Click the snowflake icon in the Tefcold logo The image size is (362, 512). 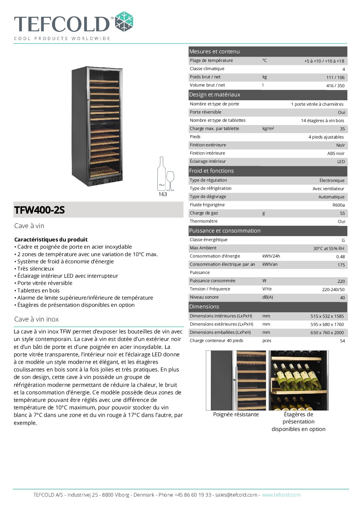(x=124, y=22)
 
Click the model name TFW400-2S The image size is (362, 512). (x=39, y=210)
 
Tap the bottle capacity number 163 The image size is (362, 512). (x=163, y=194)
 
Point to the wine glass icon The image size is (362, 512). (x=170, y=180)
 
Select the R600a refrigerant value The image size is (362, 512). (x=338, y=205)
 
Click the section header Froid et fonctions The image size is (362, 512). (x=211, y=171)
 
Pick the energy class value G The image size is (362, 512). (x=343, y=240)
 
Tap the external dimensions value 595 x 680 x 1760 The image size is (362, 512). (x=327, y=325)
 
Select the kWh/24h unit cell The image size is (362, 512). (x=271, y=256)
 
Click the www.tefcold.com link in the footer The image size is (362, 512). (x=281, y=495)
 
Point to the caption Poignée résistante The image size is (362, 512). (x=236, y=415)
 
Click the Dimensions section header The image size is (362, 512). (x=204, y=307)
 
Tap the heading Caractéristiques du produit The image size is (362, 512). (x=51, y=240)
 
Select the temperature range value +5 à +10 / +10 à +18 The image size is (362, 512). (x=324, y=61)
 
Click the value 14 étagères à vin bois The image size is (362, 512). (x=322, y=121)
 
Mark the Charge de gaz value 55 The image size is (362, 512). (x=342, y=213)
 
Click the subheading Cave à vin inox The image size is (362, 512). (x=37, y=319)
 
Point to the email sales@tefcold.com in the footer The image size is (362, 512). (x=236, y=495)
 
